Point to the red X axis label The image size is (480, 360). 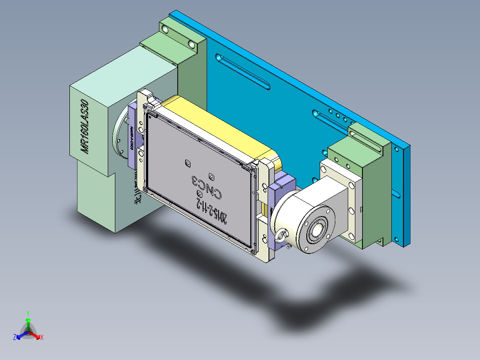click(42, 337)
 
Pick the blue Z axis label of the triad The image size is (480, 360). click(15, 337)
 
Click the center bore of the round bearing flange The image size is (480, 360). click(318, 230)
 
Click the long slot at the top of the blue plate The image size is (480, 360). click(243, 71)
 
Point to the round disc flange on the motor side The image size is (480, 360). click(120, 133)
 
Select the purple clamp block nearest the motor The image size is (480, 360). click(134, 134)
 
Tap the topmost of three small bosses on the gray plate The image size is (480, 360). click(187, 163)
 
